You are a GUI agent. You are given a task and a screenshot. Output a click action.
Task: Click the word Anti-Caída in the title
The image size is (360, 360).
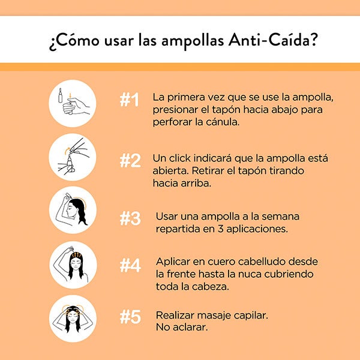pyautogui.click(x=273, y=40)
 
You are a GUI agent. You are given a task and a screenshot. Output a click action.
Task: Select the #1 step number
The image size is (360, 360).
pyautogui.click(x=129, y=100)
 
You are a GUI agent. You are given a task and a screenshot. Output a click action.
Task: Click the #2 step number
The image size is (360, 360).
pyautogui.click(x=130, y=160)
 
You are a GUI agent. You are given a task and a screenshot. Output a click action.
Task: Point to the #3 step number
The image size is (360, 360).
pyautogui.click(x=130, y=218)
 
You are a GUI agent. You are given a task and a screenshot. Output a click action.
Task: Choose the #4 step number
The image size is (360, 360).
pyautogui.click(x=130, y=265)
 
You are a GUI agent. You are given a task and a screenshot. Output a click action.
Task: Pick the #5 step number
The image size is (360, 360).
pyautogui.click(x=130, y=317)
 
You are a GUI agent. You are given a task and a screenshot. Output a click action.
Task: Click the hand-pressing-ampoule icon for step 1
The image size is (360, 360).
pyautogui.click(x=73, y=103)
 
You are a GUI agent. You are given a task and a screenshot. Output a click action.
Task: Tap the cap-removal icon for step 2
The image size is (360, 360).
pyautogui.click(x=73, y=157)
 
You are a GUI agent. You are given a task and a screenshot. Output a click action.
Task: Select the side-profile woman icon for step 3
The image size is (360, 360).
pyautogui.click(x=73, y=210)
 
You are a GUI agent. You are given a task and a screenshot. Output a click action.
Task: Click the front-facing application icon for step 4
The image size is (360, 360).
pyautogui.click(x=73, y=265)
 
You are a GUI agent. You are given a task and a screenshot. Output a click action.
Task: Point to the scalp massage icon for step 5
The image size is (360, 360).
pyautogui.click(x=73, y=319)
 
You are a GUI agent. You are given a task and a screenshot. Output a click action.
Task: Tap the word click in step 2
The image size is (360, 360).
pyautogui.click(x=180, y=158)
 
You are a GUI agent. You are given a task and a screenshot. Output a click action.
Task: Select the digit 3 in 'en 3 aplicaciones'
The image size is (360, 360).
pyautogui.click(x=220, y=229)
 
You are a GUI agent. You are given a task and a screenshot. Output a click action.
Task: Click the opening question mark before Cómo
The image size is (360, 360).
pyautogui.click(x=52, y=44)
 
